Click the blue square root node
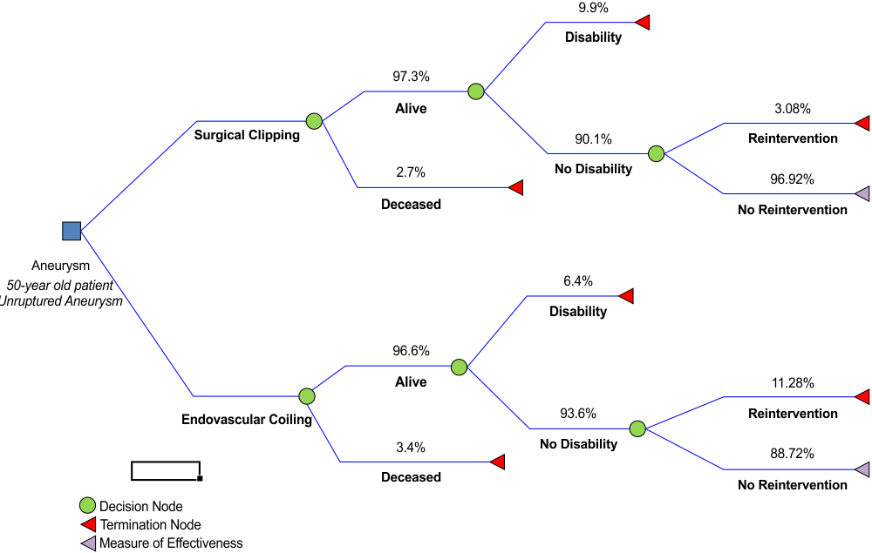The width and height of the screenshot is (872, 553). coord(72,231)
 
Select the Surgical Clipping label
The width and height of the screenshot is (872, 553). coord(247,135)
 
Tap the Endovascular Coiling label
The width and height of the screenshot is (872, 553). coord(247,420)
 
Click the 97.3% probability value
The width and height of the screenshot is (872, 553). coord(411,77)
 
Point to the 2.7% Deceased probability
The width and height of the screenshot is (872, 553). coord(411,172)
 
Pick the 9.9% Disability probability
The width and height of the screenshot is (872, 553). coord(593,8)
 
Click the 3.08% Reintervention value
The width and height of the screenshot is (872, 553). coord(793,109)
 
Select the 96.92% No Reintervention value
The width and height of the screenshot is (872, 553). coord(793,179)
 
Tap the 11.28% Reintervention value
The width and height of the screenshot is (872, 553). coord(793,382)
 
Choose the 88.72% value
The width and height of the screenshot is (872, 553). coord(793,454)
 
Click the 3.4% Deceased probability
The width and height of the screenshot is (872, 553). coord(411,448)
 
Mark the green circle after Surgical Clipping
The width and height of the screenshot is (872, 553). coord(314,121)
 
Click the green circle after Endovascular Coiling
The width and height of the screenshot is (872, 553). coord(306,396)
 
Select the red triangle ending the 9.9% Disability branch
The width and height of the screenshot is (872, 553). coord(643,22)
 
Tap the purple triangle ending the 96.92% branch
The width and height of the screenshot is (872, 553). coord(862,193)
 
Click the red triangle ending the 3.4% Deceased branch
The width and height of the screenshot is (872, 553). coord(498,462)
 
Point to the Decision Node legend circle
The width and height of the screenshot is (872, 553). coord(87,506)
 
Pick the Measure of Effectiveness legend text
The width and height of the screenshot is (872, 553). coord(171,543)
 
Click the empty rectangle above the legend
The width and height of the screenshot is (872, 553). coord(166,470)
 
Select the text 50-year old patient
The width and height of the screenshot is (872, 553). coord(59,285)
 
